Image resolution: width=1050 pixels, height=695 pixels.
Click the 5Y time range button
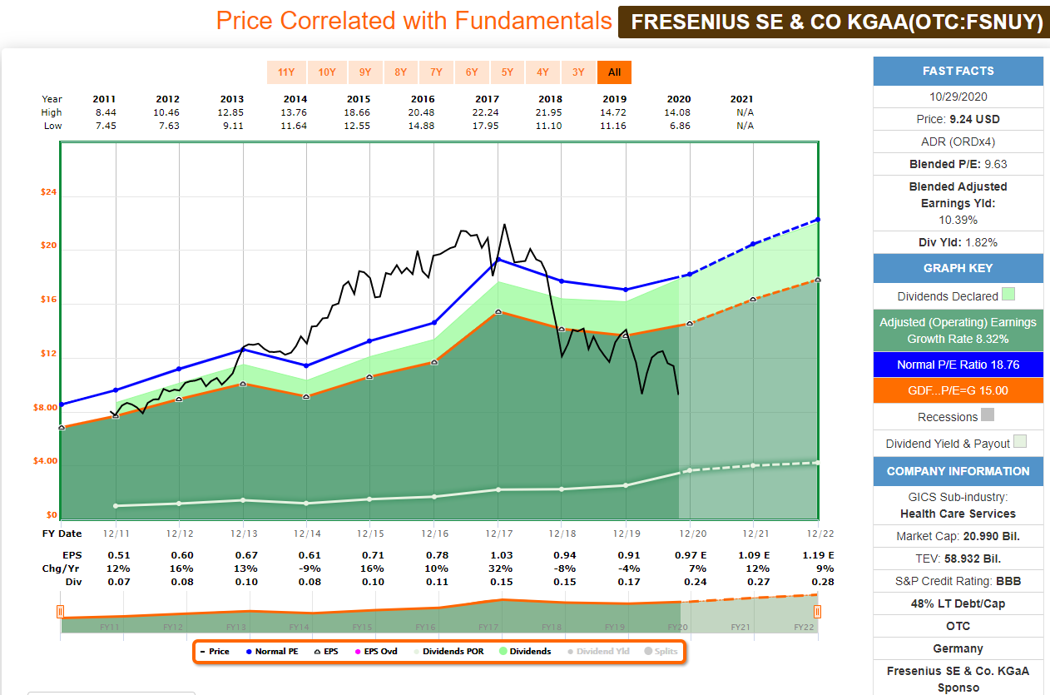pyautogui.click(x=508, y=72)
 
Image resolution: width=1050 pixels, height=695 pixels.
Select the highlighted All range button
pyautogui.click(x=614, y=72)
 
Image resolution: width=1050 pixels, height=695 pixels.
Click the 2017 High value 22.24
pyautogui.click(x=498, y=112)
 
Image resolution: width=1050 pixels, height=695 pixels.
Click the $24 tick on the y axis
pyautogui.click(x=48, y=192)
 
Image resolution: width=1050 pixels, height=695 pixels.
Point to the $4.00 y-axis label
pyautogui.click(x=45, y=461)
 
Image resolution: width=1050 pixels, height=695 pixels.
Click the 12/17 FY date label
pyautogui.click(x=498, y=534)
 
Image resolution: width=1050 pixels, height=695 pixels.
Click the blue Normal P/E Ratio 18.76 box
pyautogui.click(x=958, y=365)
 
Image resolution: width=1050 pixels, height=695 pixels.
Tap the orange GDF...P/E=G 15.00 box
pyautogui.click(x=958, y=390)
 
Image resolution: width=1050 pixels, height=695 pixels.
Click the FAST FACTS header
pyautogui.click(x=958, y=71)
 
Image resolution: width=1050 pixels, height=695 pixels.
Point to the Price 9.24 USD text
pyautogui.click(x=958, y=119)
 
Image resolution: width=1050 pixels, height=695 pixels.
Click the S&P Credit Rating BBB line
pyautogui.click(x=958, y=580)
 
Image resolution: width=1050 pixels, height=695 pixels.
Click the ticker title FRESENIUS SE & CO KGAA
pyautogui.click(x=836, y=22)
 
